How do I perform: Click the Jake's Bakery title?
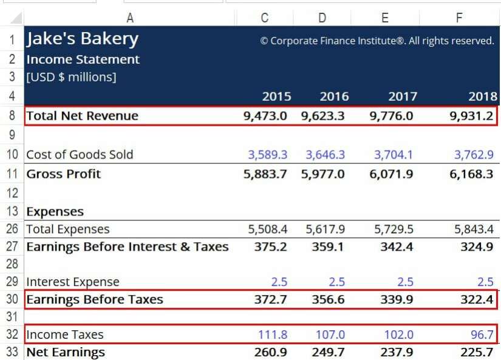click(82, 39)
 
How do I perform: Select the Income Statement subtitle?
click(83, 59)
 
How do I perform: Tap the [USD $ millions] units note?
click(71, 77)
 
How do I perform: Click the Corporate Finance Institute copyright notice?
click(377, 41)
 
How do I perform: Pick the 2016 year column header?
click(334, 97)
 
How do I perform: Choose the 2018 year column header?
click(483, 97)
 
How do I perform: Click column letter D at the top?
click(322, 18)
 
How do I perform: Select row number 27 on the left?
click(12, 246)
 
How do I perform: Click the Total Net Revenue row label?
click(82, 116)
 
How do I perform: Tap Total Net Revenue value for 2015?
click(265, 116)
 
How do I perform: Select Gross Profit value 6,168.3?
click(474, 174)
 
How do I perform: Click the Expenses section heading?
click(55, 212)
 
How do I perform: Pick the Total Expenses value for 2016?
click(325, 229)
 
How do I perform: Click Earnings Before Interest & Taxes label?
click(127, 246)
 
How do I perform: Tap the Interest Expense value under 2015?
click(279, 282)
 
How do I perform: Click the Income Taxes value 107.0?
click(330, 335)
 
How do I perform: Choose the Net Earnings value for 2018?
click(477, 353)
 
